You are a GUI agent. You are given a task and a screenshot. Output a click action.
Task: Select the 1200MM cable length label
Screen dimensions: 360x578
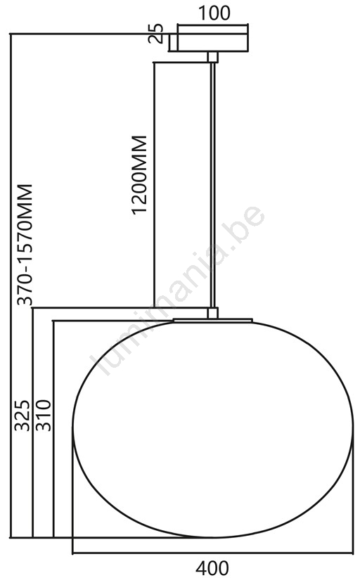coord(140,174)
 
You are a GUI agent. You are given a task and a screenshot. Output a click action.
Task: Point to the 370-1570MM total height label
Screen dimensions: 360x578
coord(25,245)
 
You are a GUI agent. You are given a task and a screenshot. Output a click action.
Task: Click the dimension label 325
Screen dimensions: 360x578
coord(22,415)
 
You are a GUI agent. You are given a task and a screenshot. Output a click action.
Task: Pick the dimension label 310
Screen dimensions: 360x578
coord(42,415)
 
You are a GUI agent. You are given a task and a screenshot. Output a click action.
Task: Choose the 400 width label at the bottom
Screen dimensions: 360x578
coord(212,568)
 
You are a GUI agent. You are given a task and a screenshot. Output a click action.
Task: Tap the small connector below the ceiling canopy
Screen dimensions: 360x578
coord(212,57)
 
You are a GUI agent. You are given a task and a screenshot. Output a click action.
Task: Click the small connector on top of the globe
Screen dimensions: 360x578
coord(212,313)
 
